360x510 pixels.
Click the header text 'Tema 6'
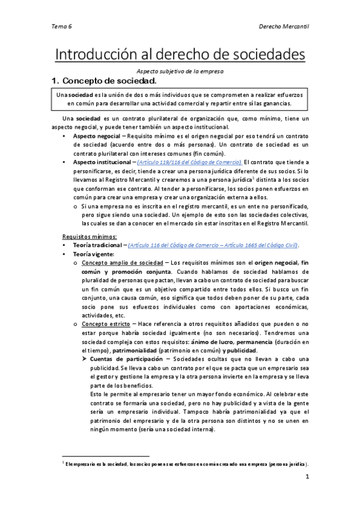click(x=61, y=27)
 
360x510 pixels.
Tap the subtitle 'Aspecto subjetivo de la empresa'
click(x=180, y=71)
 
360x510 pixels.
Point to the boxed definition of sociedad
click(x=180, y=99)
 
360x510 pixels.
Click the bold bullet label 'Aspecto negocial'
click(x=97, y=137)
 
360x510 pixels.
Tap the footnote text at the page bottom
click(x=186, y=464)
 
